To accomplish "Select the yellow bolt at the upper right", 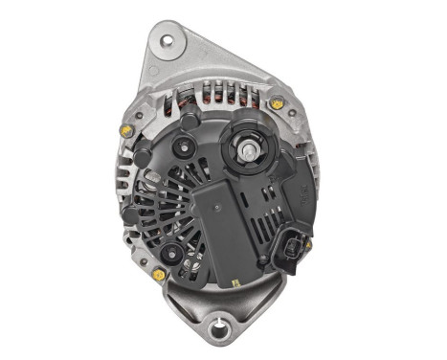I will pyautogui.click(x=278, y=102).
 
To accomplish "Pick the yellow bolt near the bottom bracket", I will pyautogui.click(x=159, y=275).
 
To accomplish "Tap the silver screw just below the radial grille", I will pyautogui.click(x=172, y=253).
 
